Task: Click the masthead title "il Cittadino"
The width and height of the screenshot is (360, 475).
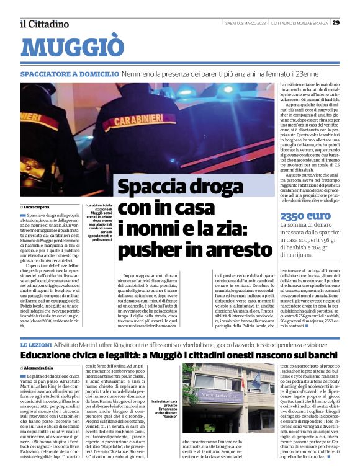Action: click(44, 24)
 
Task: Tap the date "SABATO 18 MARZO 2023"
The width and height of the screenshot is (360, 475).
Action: click(245, 23)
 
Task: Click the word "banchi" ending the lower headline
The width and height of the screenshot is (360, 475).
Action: click(320, 355)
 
